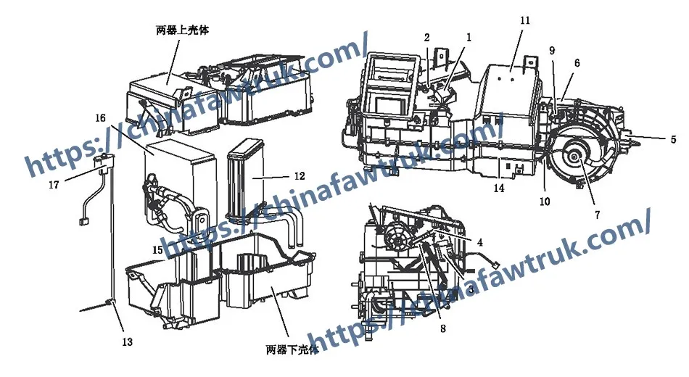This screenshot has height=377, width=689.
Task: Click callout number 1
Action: tap(469, 36)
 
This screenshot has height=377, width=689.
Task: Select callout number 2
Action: tap(427, 37)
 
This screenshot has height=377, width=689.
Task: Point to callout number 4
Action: tap(480, 241)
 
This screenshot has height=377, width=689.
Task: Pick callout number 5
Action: tap(672, 139)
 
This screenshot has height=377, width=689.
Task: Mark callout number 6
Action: tap(577, 63)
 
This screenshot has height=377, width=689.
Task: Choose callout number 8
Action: tap(442, 328)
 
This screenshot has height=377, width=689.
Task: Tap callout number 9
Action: tap(552, 50)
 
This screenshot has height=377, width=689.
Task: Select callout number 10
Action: tap(544, 201)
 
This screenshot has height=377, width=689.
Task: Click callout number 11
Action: tap(525, 20)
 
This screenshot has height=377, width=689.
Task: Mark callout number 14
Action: tap(498, 188)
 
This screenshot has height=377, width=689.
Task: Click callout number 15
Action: tap(157, 251)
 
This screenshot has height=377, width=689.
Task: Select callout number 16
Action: tap(101, 117)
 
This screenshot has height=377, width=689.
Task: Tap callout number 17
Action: tap(54, 184)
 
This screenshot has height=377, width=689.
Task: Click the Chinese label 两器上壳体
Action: tap(184, 30)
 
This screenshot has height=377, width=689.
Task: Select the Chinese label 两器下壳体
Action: tap(292, 351)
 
